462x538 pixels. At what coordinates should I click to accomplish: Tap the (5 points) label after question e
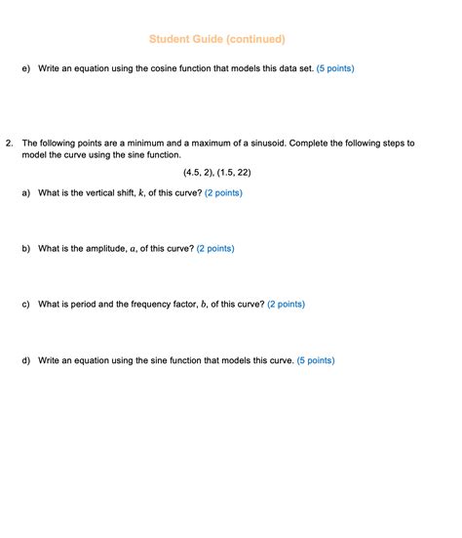[x=335, y=68]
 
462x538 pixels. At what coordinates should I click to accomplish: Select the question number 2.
[x=9, y=143]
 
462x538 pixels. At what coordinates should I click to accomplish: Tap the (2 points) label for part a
[x=223, y=193]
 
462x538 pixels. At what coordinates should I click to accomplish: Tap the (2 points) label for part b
[x=215, y=248]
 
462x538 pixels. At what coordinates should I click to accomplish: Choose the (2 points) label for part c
[x=286, y=304]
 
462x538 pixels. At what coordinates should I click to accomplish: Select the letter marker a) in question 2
[x=25, y=193]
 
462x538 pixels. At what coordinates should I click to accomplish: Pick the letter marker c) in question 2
[x=25, y=304]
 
